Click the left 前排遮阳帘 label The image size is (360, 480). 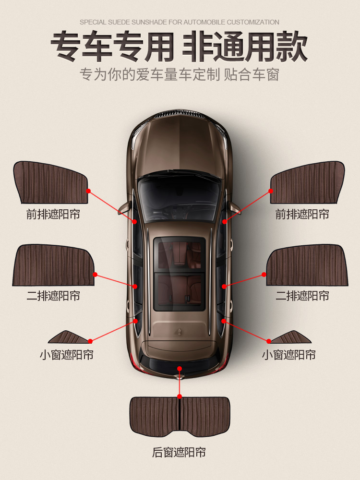(x=53, y=214)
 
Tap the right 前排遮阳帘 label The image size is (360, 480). (x=302, y=214)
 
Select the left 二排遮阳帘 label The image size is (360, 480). (x=53, y=296)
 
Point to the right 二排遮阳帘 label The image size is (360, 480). (x=302, y=296)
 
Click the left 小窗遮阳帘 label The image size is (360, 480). (x=66, y=355)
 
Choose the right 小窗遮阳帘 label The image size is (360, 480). (x=288, y=355)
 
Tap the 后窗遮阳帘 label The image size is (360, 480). (x=179, y=452)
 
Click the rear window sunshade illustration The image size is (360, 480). (x=179, y=416)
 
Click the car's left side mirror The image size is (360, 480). (x=124, y=207)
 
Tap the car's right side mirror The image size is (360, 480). (x=234, y=207)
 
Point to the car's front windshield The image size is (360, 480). (x=179, y=194)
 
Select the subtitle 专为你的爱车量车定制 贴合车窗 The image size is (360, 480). (x=180, y=75)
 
